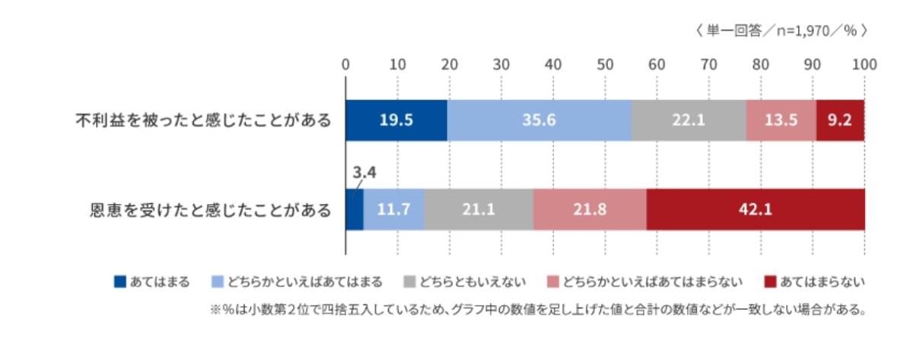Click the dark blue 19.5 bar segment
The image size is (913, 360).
[396, 120]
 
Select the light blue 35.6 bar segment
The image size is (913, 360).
[539, 120]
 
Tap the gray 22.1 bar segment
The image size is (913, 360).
[689, 120]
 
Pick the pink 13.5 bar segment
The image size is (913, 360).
[781, 120]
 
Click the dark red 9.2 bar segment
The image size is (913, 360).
[840, 120]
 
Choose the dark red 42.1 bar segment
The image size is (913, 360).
[756, 209]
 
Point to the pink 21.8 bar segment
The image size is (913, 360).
[590, 209]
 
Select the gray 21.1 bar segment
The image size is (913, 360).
[479, 209]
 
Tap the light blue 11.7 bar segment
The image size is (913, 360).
[393, 209]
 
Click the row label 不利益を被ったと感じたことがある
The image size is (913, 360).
[203, 120]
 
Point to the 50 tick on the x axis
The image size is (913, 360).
[605, 64]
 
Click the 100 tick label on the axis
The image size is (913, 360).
[864, 64]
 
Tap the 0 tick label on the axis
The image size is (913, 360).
[345, 64]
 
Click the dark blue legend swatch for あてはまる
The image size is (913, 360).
[119, 282]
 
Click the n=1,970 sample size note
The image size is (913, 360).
[781, 31]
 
